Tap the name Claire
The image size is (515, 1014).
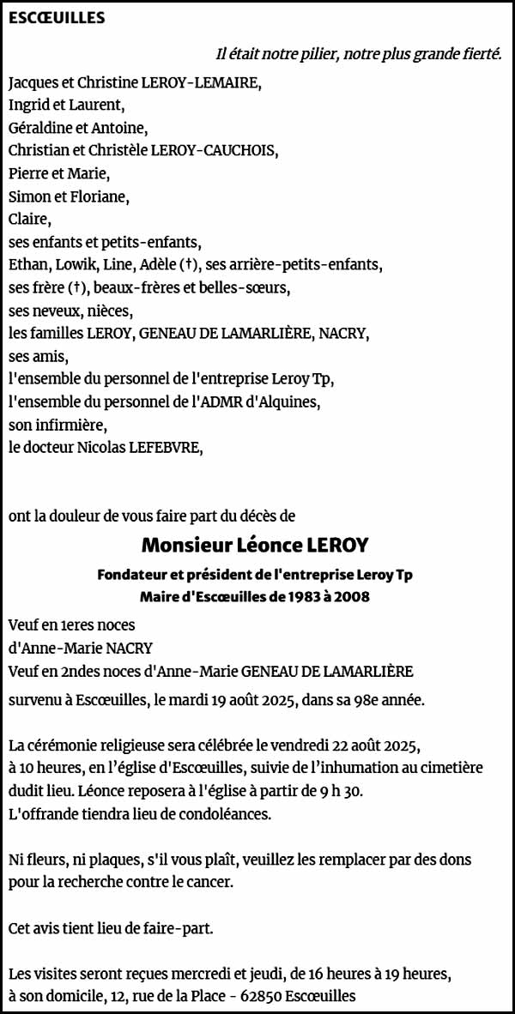click(28, 219)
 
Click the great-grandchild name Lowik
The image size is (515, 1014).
click(78, 263)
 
